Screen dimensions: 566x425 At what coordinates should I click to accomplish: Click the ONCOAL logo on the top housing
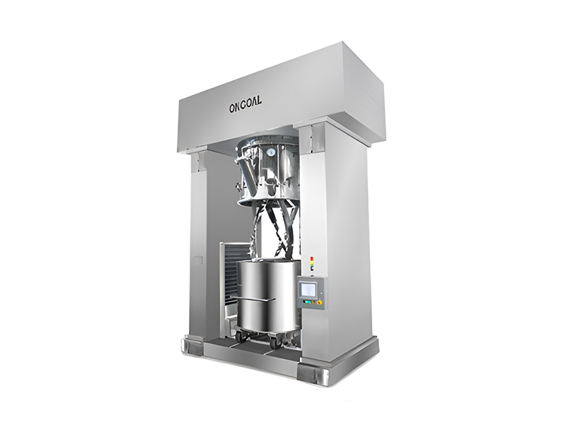tap(246, 107)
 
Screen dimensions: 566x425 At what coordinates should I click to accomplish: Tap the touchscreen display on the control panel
tap(308, 289)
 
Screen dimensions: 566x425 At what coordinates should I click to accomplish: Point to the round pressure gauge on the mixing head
tap(270, 152)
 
